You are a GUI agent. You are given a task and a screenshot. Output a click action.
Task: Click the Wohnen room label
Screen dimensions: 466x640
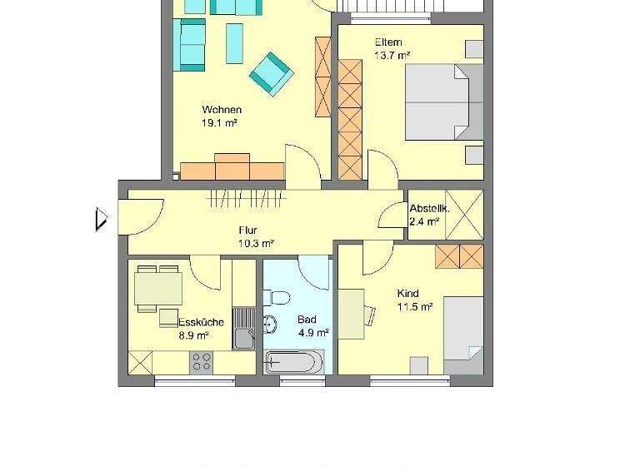pos(222,110)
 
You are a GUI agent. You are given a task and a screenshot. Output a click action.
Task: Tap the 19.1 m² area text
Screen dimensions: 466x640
pos(221,123)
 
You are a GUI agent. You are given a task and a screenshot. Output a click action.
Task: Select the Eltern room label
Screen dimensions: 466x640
pos(388,42)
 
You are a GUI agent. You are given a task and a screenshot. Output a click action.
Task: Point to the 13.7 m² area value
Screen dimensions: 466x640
pos(392,56)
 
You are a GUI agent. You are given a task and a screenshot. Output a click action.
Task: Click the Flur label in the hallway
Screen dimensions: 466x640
pos(247,231)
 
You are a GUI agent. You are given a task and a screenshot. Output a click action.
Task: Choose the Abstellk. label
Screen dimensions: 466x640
pos(430,208)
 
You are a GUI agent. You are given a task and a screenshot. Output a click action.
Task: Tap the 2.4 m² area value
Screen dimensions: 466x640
pos(424,221)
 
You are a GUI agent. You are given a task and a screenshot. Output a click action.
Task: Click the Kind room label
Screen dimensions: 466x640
pos(408,294)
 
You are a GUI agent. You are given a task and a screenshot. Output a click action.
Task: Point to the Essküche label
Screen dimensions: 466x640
pos(201,322)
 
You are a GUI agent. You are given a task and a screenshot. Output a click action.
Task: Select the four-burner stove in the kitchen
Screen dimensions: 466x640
pos(202,361)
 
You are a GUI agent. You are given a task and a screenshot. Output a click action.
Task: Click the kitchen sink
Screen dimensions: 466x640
pos(243,337)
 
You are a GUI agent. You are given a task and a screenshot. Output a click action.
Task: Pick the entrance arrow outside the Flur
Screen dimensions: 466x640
pos(102,219)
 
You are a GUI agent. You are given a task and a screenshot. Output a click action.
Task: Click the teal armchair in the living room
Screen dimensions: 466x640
pos(272,72)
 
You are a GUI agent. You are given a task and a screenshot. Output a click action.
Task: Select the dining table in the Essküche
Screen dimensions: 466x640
pos(158,288)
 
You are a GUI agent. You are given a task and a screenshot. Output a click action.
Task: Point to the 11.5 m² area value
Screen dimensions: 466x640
pos(414,307)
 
